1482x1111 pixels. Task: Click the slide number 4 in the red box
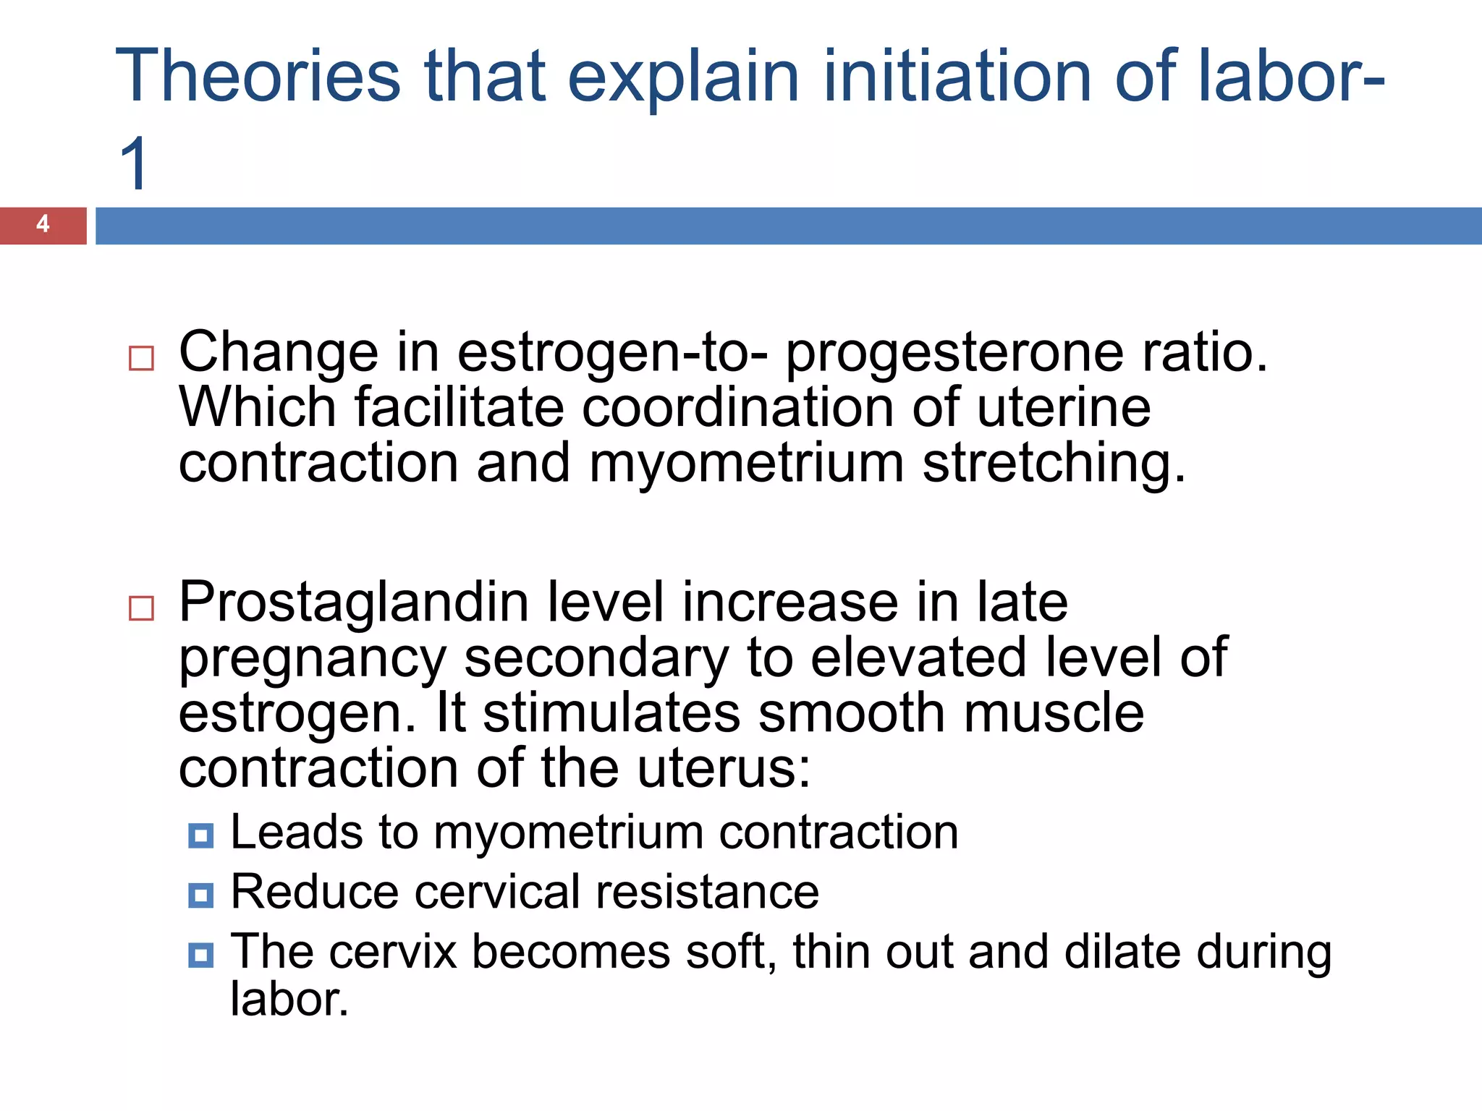[43, 224]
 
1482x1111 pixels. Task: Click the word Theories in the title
[258, 76]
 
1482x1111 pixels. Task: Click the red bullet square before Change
[141, 358]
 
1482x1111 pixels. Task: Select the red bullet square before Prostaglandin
[141, 608]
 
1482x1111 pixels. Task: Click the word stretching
[1054, 464]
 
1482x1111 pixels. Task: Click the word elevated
[918, 657]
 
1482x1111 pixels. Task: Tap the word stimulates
[611, 713]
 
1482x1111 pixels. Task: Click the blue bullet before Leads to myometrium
[200, 836]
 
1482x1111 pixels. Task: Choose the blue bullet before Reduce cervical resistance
[200, 895]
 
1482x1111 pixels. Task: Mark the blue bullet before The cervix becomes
[200, 955]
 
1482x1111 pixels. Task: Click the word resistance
[707, 892]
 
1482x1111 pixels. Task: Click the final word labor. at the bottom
[289, 1000]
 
